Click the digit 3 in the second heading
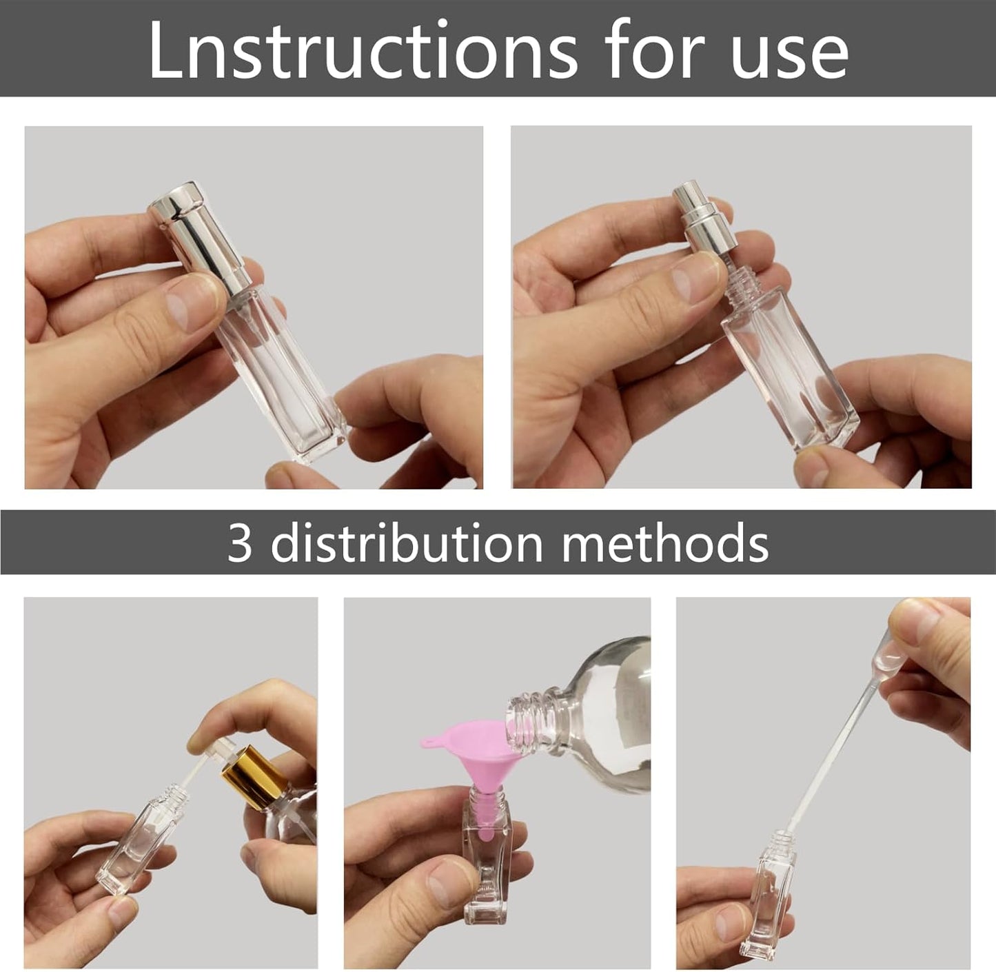tap(240, 543)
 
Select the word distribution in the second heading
tap(407, 543)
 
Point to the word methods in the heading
tap(665, 543)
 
